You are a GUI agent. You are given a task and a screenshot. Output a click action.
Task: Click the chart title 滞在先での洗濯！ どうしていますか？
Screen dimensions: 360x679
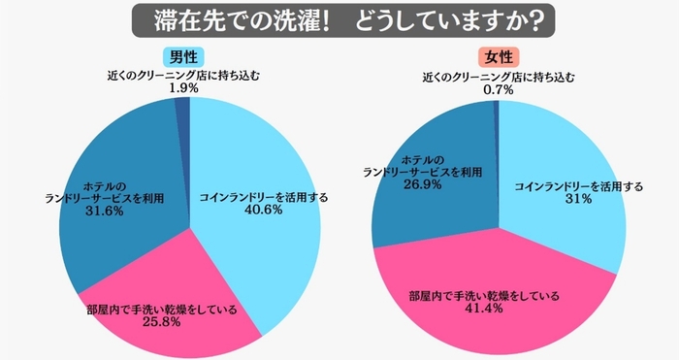339,19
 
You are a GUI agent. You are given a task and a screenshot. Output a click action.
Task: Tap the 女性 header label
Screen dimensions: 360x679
498,55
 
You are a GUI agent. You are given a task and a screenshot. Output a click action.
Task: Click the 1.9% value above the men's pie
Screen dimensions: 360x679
183,86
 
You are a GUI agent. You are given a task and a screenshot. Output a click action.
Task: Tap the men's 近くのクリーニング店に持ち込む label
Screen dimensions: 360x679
183,74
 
